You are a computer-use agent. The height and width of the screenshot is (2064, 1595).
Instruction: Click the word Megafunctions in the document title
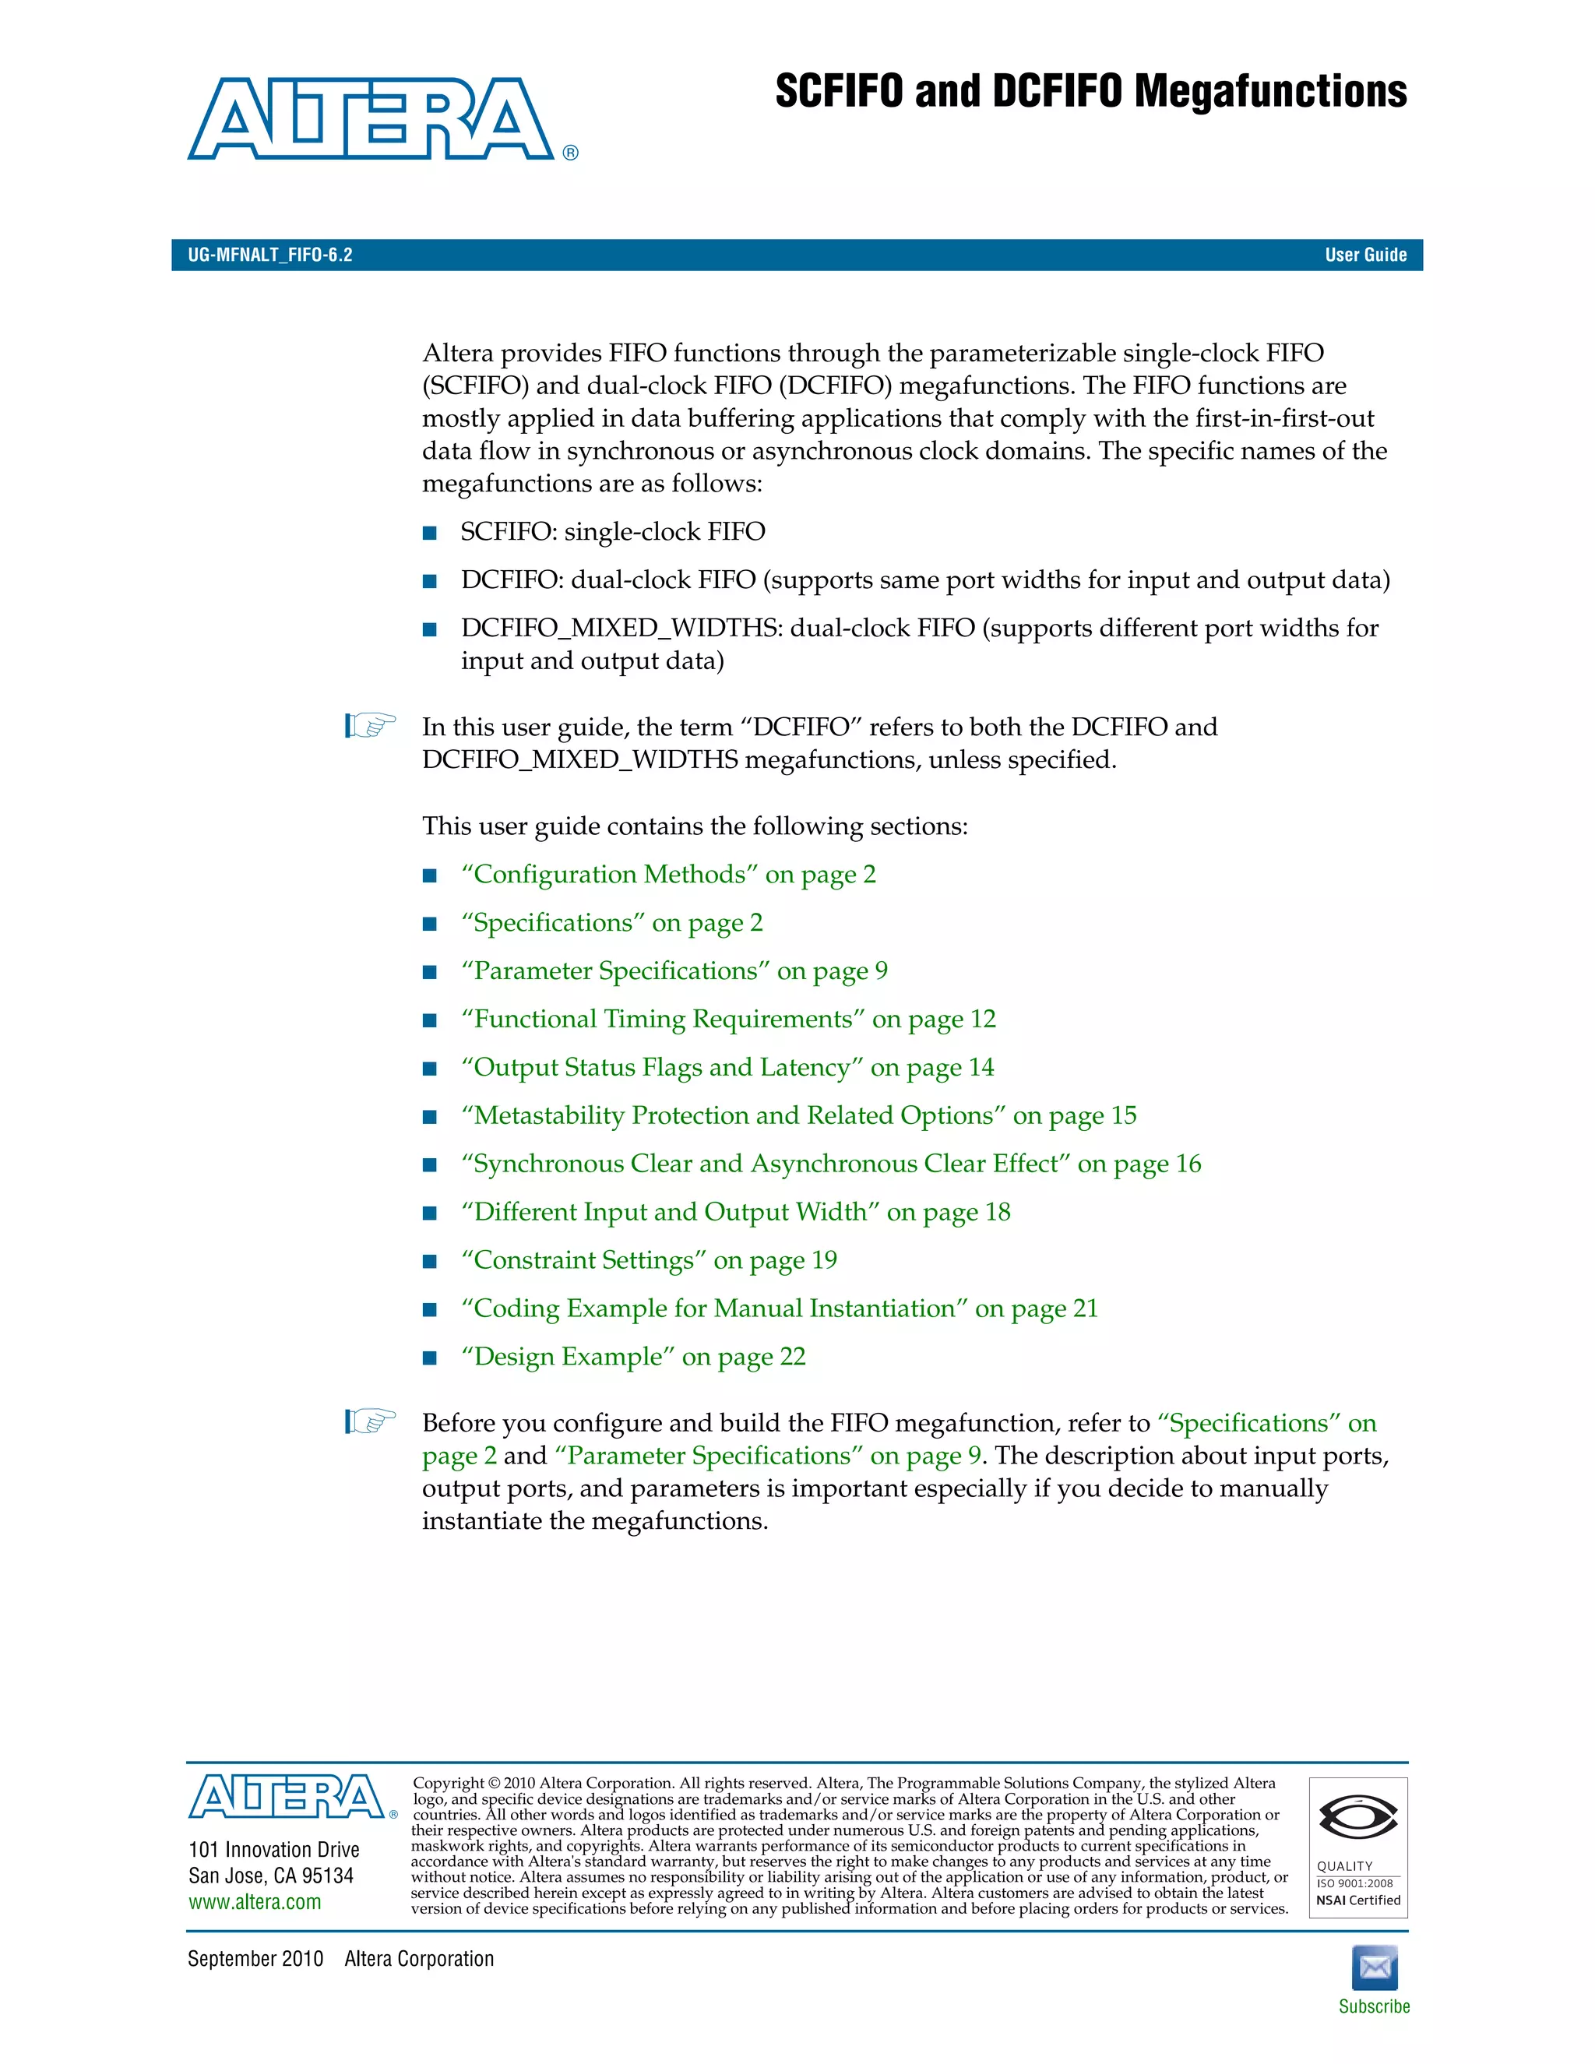(x=1270, y=92)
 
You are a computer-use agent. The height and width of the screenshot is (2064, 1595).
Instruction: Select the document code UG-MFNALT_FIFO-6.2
(x=270, y=255)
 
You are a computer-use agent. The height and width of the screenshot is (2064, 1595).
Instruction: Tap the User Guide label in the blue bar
(x=1365, y=255)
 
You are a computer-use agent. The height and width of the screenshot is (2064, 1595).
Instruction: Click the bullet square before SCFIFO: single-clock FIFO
(x=430, y=533)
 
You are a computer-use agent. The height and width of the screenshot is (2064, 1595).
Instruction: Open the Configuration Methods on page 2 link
(x=668, y=874)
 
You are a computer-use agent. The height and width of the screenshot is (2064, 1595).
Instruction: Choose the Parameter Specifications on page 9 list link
(x=674, y=970)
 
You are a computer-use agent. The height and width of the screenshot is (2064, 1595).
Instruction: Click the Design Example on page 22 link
(x=633, y=1356)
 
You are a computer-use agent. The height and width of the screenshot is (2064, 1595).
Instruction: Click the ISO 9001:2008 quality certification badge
(x=1357, y=1847)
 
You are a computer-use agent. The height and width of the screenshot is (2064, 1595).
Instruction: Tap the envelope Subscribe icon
(x=1374, y=1967)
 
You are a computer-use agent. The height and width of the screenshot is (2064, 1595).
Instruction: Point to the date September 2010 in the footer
(x=255, y=1958)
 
